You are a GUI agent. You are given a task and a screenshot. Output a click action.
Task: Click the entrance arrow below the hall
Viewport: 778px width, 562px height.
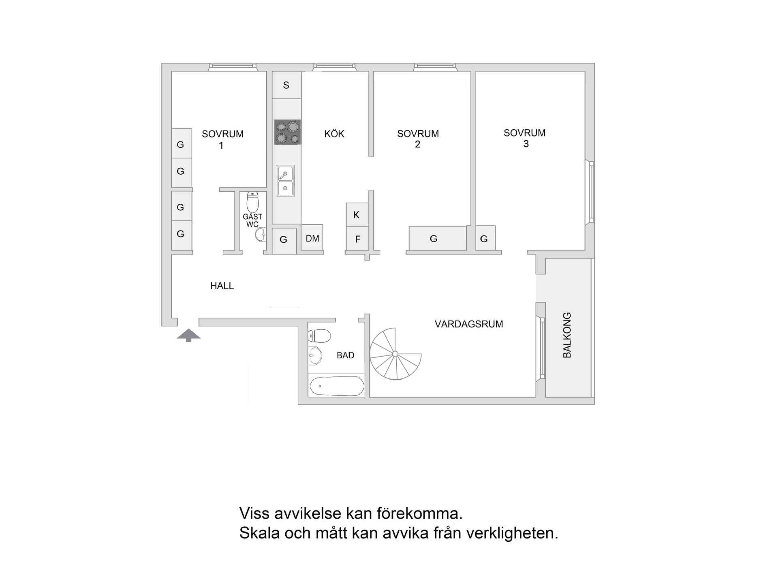188,335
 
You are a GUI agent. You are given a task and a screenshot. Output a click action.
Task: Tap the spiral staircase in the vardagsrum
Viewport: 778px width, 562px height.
395,354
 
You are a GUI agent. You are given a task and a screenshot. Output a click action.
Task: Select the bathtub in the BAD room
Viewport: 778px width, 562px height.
336,386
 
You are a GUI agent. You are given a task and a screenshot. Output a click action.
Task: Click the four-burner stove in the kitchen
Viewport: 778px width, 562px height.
287,132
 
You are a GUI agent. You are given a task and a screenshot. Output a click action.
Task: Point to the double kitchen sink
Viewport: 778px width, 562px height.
285,181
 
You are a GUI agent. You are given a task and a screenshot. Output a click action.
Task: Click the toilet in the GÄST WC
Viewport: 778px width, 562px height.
252,201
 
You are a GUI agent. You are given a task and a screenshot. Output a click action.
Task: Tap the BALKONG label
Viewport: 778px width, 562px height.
567,335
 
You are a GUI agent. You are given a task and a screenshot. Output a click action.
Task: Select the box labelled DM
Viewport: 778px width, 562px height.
312,238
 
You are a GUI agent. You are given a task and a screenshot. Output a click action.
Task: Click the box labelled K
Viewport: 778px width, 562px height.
357,215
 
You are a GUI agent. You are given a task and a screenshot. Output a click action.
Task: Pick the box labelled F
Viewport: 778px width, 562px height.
357,239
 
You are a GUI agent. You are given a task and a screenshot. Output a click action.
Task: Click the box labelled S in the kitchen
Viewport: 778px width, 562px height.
286,85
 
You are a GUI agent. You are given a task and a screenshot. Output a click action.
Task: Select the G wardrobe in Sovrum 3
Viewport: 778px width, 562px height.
485,238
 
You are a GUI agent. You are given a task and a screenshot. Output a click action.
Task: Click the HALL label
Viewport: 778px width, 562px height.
222,286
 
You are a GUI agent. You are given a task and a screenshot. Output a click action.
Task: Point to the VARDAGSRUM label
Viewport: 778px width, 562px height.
469,324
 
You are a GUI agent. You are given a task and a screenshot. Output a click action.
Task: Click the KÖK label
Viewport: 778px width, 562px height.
334,134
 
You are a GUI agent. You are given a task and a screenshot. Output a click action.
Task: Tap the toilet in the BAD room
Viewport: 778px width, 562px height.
319,335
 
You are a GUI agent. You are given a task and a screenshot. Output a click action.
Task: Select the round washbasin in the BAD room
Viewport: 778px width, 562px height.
315,355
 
